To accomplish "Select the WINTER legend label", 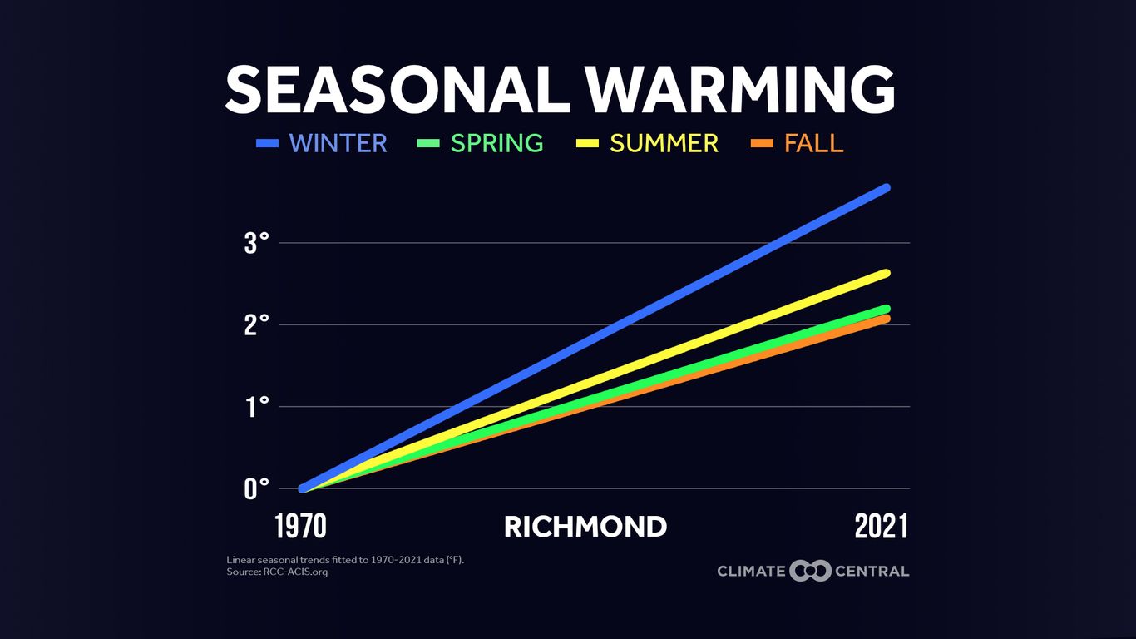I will coord(338,143).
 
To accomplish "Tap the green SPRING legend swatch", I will coord(427,144).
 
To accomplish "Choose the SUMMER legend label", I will coord(664,143).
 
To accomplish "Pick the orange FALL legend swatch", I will coord(763,144).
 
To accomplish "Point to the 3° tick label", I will coord(257,244).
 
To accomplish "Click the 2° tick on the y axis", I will coord(257,325).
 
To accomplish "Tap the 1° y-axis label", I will coord(257,407).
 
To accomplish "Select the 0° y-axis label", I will coord(257,488).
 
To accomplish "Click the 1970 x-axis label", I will coord(300,527).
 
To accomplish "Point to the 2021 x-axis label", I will coord(882,527).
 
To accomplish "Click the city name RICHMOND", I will coord(585,527).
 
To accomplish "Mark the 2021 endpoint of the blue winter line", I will coord(886,188).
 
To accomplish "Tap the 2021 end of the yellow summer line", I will coord(886,273).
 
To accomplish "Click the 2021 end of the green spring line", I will coord(886,309).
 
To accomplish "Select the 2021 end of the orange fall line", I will coord(886,319).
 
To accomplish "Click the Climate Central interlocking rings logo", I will coord(810,571).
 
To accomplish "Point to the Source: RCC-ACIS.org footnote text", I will coord(277,572).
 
